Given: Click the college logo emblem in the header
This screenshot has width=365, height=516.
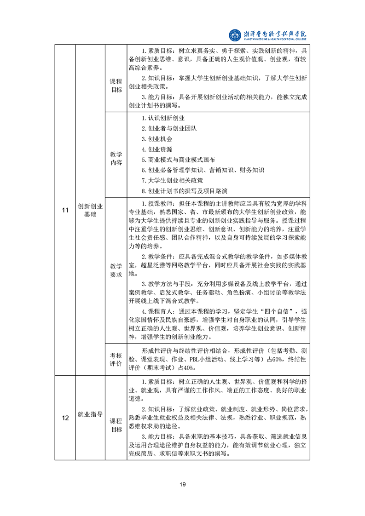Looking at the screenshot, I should [x=235, y=35].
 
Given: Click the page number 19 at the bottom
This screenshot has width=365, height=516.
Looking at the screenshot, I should [x=182, y=484].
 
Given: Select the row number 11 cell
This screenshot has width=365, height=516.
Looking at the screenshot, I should [x=65, y=210].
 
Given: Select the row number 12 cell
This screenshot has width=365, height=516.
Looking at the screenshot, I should [x=65, y=418].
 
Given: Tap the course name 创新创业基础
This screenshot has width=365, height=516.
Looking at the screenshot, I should [x=90, y=210].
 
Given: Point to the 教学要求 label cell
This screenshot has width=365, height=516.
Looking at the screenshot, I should [x=116, y=270].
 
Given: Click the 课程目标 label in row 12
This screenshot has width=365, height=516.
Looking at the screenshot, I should [x=116, y=425].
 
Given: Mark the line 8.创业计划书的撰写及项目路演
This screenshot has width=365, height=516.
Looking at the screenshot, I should [x=185, y=191].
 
